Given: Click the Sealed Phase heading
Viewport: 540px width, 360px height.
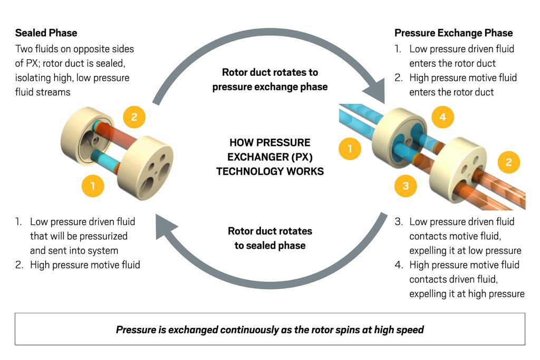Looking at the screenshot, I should click(x=46, y=33).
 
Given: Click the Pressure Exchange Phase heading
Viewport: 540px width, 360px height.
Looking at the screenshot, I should click(x=453, y=33).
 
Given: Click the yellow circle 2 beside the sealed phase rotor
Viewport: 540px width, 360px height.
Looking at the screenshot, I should click(x=134, y=117).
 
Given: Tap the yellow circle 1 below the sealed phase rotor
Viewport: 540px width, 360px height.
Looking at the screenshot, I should click(x=93, y=186).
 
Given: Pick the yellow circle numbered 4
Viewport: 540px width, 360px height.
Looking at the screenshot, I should click(x=442, y=117).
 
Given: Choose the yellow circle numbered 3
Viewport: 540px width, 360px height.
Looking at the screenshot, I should click(x=405, y=186).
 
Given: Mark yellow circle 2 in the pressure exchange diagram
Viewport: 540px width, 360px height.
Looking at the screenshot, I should click(x=508, y=162).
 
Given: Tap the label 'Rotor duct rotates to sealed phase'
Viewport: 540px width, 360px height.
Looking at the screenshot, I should click(x=269, y=238).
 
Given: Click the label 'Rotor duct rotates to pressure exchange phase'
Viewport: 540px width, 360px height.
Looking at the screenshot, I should click(x=269, y=79).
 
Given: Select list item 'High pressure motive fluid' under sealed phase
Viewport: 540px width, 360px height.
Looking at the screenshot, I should click(x=84, y=265).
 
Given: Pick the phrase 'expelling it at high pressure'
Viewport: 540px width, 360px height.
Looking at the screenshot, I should click(x=467, y=294).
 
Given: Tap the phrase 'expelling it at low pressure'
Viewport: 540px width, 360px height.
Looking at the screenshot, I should click(x=465, y=250).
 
